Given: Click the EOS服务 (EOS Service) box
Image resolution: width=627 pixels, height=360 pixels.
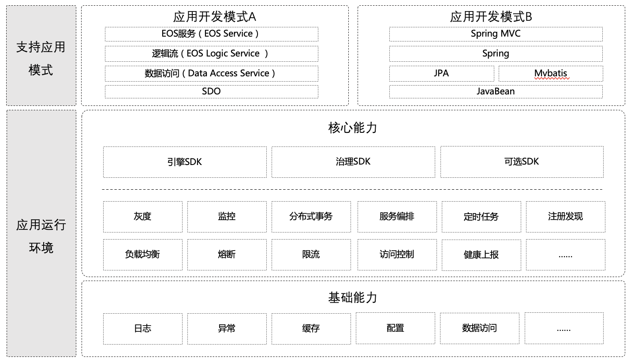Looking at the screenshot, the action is [212, 34].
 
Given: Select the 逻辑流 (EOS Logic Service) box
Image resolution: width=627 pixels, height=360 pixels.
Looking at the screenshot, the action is [212, 53].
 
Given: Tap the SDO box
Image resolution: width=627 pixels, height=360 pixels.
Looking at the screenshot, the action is [212, 92].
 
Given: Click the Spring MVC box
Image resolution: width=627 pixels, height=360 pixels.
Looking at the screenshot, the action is [496, 34].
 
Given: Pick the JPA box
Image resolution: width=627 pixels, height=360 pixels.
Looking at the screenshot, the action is [441, 73].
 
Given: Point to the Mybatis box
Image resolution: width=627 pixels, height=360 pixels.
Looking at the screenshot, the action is [551, 73].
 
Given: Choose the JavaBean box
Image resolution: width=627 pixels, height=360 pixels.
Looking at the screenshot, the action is [496, 92].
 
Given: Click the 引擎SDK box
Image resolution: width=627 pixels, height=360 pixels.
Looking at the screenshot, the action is [185, 162].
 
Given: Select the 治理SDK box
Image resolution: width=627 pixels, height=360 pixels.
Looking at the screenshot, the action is [353, 162].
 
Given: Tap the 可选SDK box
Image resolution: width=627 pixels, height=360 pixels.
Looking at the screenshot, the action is [522, 161].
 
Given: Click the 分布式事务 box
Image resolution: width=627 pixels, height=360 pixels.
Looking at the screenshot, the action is [311, 217].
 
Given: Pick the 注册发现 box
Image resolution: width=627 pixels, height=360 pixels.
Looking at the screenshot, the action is [565, 217].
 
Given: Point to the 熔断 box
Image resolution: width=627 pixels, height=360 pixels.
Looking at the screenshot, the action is [227, 255].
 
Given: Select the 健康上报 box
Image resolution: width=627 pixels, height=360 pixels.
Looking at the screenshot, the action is [481, 255].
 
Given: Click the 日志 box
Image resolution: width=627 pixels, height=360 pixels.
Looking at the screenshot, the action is [143, 329].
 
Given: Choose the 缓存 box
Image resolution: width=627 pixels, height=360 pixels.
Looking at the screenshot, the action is [311, 329].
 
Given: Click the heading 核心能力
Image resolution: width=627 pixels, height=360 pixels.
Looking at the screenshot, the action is [353, 128].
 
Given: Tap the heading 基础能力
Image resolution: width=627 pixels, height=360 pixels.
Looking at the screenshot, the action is [353, 297].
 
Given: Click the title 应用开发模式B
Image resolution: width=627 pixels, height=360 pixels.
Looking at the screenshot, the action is [491, 17].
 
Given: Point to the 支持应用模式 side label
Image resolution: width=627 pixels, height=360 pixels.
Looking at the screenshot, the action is [41, 59].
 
